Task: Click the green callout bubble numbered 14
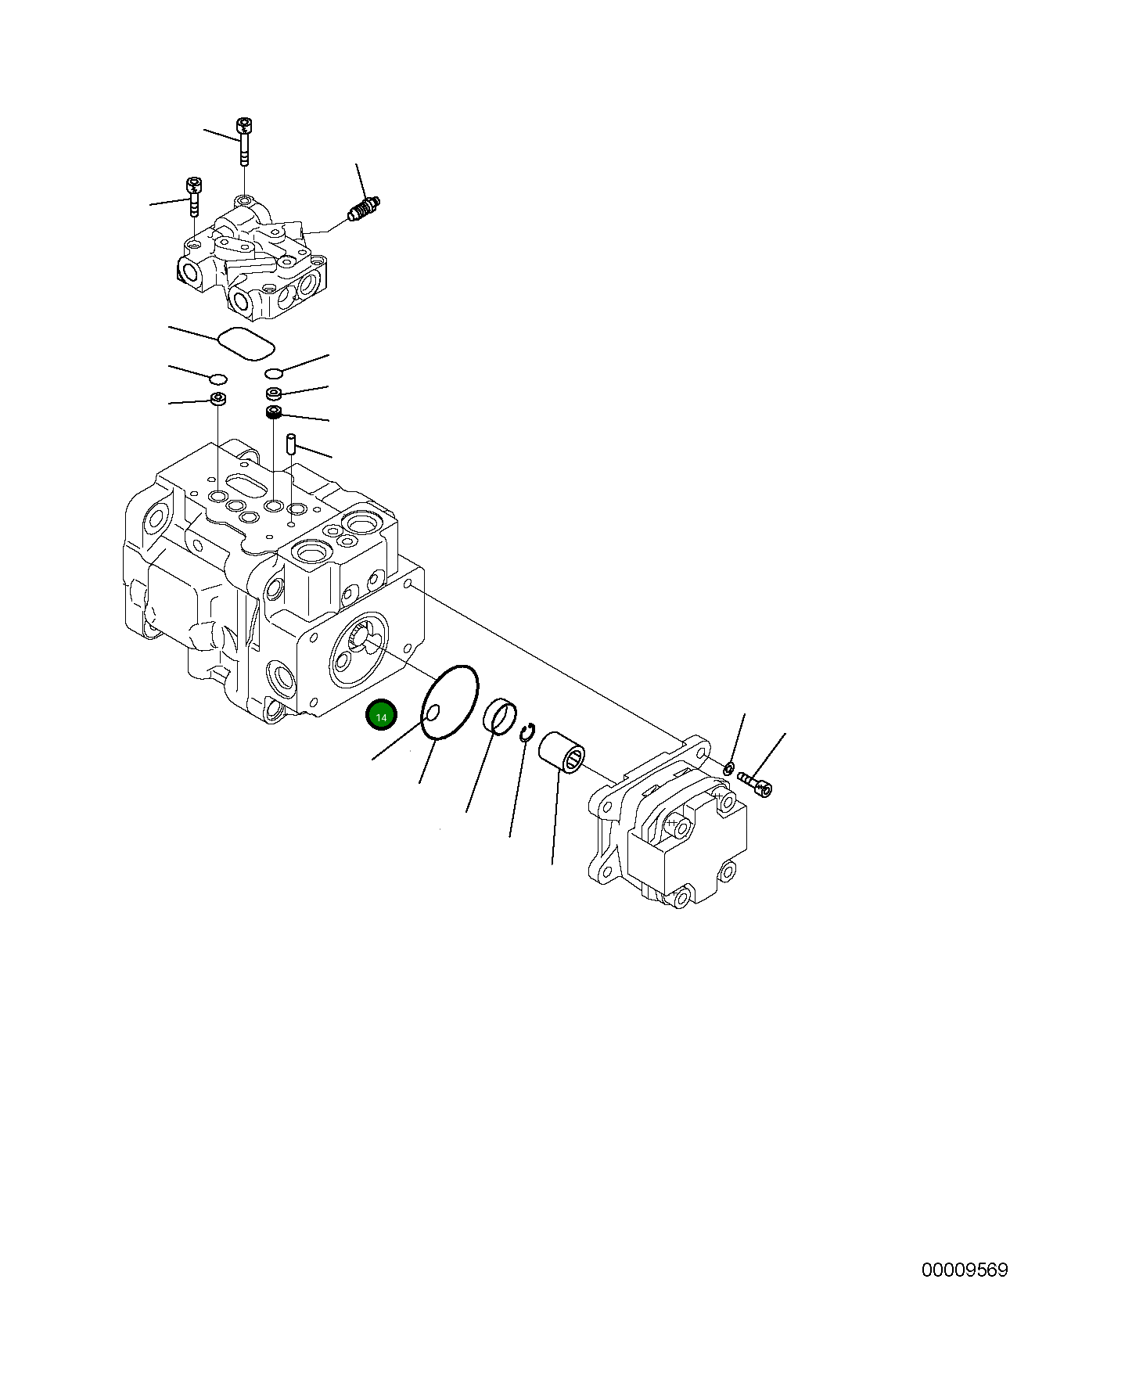point(382,716)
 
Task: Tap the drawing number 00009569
point(964,1292)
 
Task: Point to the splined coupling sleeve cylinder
point(562,752)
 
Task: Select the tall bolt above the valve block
point(244,142)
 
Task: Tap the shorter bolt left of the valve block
point(193,196)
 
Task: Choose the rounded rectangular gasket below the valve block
point(246,344)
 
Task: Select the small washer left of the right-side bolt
point(728,768)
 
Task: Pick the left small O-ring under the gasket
point(219,379)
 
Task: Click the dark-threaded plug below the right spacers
point(274,412)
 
